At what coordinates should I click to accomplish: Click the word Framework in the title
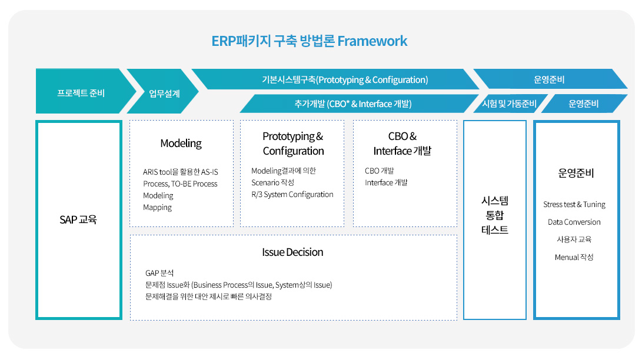pyautogui.click(x=372, y=41)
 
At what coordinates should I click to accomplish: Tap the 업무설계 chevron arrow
pyautogui.click(x=162, y=91)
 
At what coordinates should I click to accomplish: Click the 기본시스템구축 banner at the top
pyautogui.click(x=335, y=79)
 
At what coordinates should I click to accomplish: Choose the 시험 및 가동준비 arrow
pyautogui.click(x=510, y=104)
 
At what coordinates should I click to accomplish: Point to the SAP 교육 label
pyautogui.click(x=78, y=219)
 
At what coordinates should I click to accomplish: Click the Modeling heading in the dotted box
pyautogui.click(x=181, y=143)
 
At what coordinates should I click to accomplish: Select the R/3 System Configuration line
pyautogui.click(x=292, y=194)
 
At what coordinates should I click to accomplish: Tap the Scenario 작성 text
pyautogui.click(x=272, y=182)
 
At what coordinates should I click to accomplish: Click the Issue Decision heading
pyautogui.click(x=292, y=252)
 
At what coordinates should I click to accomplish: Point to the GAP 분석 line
pyautogui.click(x=159, y=273)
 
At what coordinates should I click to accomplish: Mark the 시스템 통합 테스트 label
pyautogui.click(x=495, y=215)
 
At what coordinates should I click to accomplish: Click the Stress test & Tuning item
pyautogui.click(x=574, y=204)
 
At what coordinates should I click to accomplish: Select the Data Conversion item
pyautogui.click(x=574, y=222)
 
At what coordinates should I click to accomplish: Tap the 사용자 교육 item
pyautogui.click(x=574, y=239)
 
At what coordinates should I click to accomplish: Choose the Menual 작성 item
pyautogui.click(x=574, y=257)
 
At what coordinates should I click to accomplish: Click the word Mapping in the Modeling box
pyautogui.click(x=157, y=208)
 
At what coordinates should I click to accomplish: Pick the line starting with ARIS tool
pyautogui.click(x=181, y=172)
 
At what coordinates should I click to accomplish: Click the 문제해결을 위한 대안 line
pyautogui.click(x=208, y=296)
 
